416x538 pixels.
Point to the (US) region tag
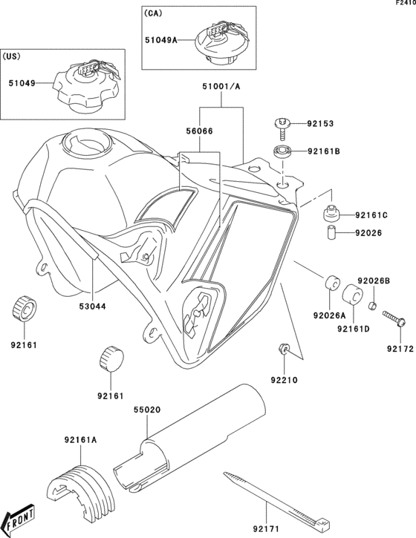[x=14, y=56]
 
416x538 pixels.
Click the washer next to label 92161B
[x=282, y=152]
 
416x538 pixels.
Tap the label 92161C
[x=372, y=215]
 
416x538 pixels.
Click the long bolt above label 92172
[x=394, y=319]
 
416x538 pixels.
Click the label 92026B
[x=374, y=281]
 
